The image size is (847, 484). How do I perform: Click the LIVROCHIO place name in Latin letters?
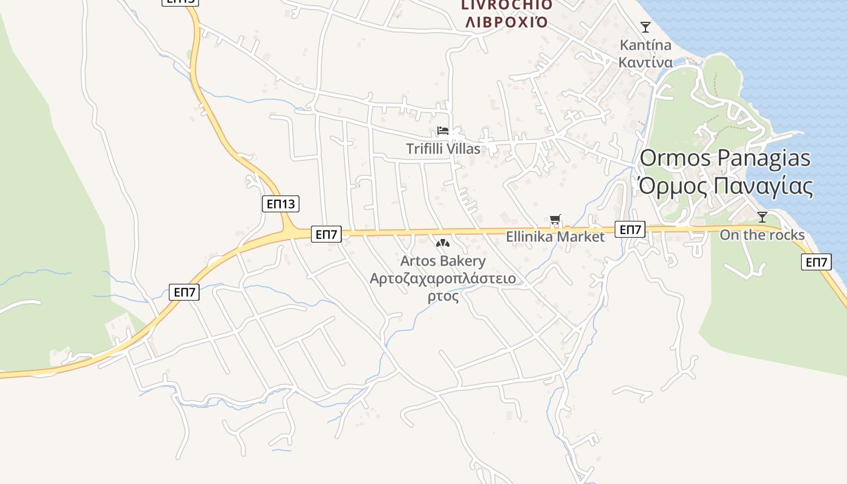506,5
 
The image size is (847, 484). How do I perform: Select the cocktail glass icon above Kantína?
646,27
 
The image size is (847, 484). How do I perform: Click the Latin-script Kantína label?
645,45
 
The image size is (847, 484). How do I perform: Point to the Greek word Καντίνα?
645,62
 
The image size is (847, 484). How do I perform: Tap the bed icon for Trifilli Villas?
443,131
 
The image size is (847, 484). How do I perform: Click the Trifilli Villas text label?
443,149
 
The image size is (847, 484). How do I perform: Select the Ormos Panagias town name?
725,158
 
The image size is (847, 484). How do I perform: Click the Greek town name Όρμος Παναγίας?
725,186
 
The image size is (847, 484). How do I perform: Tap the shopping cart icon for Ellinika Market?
555,220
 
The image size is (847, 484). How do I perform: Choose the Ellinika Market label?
555,237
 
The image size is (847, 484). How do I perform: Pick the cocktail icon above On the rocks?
762,217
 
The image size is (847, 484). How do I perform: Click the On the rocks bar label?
762,235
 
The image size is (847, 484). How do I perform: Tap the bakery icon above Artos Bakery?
443,244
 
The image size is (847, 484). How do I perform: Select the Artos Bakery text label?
443,261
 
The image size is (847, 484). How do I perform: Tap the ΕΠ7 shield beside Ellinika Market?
630,229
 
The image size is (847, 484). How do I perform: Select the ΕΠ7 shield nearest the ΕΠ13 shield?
327,234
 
